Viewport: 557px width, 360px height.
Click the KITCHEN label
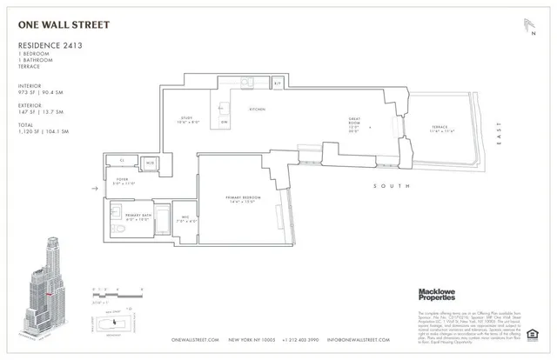[257, 110]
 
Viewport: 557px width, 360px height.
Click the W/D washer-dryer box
[150, 163]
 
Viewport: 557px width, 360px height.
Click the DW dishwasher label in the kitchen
[224, 122]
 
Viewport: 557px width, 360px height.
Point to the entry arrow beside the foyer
[96, 186]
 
